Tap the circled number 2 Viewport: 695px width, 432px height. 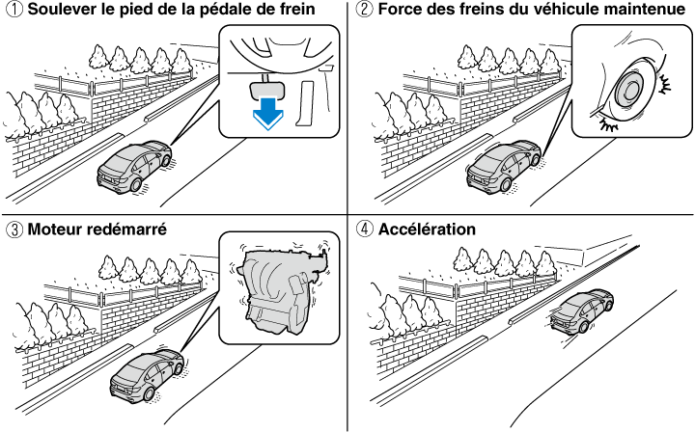362,11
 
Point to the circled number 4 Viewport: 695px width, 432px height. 362,230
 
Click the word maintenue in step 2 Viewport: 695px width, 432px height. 634,11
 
